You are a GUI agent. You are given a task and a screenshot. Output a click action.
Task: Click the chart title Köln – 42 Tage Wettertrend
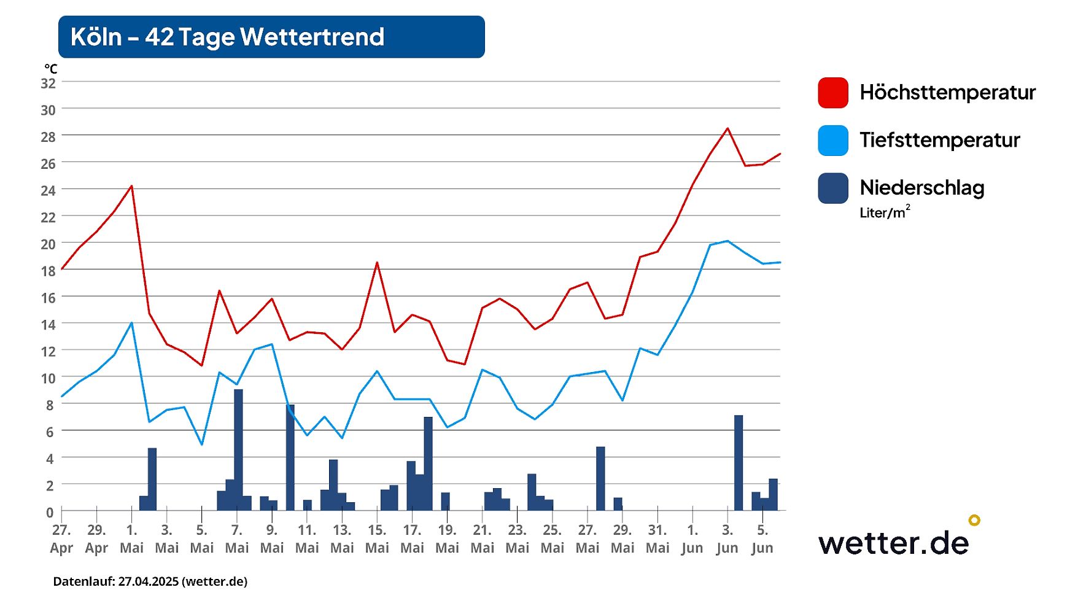pyautogui.click(x=227, y=37)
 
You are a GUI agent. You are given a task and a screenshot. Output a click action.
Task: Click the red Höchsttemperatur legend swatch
pyautogui.click(x=832, y=93)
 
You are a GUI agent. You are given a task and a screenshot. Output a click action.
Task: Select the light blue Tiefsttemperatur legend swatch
pyautogui.click(x=832, y=141)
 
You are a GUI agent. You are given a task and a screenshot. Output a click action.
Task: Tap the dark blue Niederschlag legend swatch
pyautogui.click(x=832, y=188)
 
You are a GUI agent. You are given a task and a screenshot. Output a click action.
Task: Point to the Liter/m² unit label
pyautogui.click(x=884, y=212)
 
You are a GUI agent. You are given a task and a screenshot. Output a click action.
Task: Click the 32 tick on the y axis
pyautogui.click(x=48, y=84)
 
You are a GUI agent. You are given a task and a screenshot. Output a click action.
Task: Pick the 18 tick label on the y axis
pyautogui.click(x=48, y=271)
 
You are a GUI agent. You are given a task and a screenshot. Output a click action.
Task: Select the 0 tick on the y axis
pyautogui.click(x=50, y=512)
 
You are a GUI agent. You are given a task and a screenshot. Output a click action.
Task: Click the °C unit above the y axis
pyautogui.click(x=50, y=69)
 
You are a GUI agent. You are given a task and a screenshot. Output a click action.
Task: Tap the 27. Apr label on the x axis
pyautogui.click(x=61, y=538)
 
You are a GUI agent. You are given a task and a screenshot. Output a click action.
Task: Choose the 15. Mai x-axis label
pyautogui.click(x=377, y=538)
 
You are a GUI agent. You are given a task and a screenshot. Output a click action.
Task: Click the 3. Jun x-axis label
pyautogui.click(x=727, y=538)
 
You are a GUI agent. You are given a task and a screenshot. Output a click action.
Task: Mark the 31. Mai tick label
pyautogui.click(x=657, y=538)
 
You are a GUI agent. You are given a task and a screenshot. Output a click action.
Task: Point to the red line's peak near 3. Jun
pyautogui.click(x=727, y=128)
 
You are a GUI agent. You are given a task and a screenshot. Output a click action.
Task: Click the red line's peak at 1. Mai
pyautogui.click(x=131, y=186)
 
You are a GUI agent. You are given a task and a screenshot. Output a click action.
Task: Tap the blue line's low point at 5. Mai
pyautogui.click(x=201, y=444)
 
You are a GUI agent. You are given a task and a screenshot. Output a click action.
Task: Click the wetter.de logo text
pyautogui.click(x=893, y=543)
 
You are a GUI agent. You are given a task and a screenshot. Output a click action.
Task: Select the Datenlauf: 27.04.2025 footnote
pyautogui.click(x=150, y=581)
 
